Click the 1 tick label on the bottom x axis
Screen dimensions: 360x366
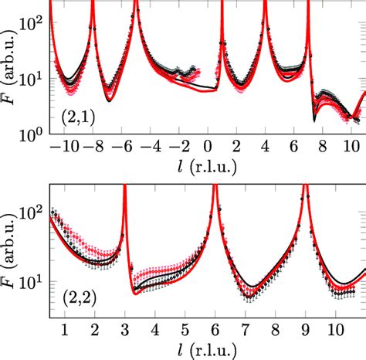65,330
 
